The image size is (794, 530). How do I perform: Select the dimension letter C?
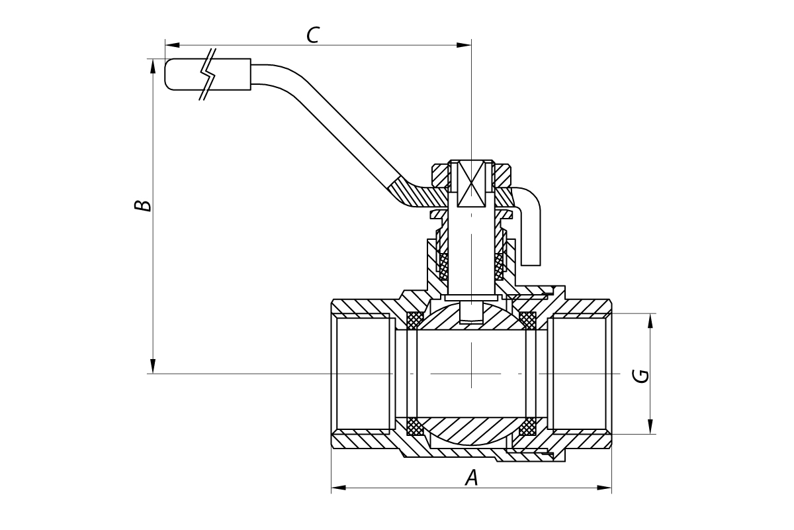tap(313, 35)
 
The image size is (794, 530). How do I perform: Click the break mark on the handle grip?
tap(208, 74)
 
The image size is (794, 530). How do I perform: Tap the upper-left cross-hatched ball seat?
tap(415, 319)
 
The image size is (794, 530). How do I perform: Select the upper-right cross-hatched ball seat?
tap(527, 319)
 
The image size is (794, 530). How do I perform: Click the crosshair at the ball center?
tap(471, 374)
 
